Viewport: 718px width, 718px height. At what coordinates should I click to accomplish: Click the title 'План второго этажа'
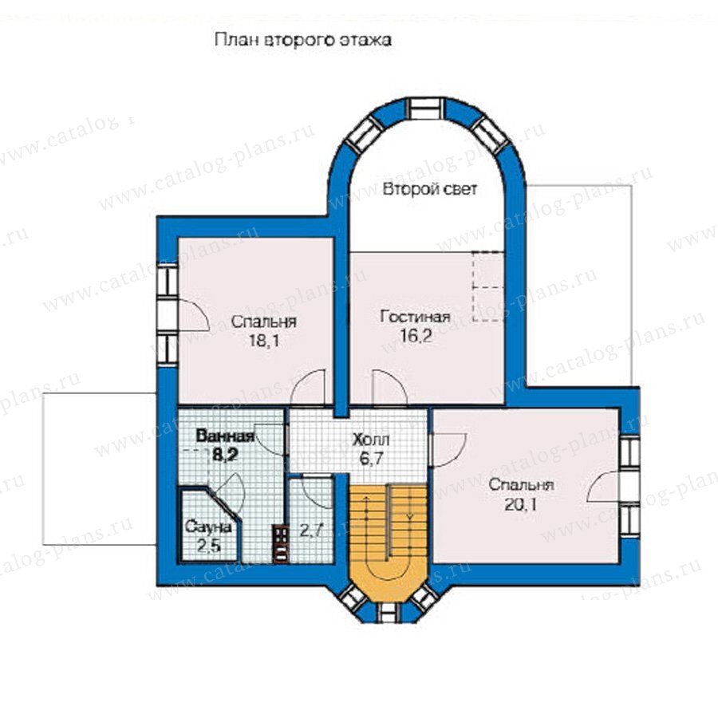point(303,41)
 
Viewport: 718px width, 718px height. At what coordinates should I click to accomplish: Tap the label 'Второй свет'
point(430,188)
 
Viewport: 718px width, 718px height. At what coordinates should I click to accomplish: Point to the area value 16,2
point(416,337)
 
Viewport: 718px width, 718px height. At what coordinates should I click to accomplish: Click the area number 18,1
point(264,341)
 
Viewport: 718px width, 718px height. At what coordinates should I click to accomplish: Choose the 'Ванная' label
point(225,436)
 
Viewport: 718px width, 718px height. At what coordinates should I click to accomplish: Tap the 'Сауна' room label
point(208,527)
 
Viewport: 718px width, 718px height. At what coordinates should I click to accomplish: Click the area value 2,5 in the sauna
point(209,546)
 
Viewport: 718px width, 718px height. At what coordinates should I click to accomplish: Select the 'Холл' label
point(371,440)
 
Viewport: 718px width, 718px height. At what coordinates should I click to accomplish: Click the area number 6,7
point(371,459)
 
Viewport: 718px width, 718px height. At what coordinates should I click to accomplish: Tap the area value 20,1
point(521,505)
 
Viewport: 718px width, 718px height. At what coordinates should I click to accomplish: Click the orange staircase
point(389,540)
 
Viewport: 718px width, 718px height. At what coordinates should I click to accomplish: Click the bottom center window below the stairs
point(389,613)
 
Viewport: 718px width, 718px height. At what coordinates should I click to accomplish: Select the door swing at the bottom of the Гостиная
point(389,389)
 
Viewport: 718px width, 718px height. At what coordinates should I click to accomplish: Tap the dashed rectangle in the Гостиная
point(488,286)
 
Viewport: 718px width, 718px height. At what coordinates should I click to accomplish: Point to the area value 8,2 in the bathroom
point(224,455)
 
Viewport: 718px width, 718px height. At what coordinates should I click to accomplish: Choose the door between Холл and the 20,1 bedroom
point(448,450)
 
